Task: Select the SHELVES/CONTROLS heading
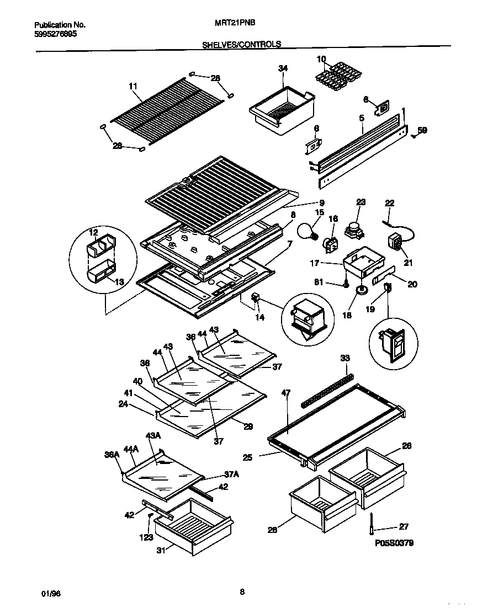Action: point(242,44)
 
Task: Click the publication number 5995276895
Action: point(55,34)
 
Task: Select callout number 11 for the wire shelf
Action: point(132,86)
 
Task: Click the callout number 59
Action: point(422,131)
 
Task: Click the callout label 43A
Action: point(152,435)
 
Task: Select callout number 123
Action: point(146,537)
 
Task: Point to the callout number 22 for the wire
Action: point(390,204)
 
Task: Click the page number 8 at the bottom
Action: point(242,593)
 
